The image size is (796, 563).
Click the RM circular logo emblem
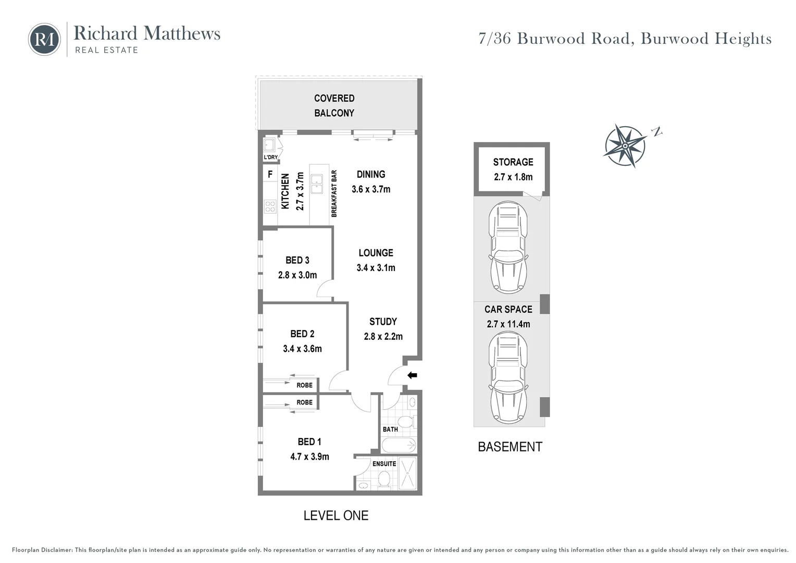(x=44, y=39)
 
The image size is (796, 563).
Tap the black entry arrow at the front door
(x=412, y=375)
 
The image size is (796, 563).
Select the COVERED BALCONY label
(x=334, y=105)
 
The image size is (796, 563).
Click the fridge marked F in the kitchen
(x=270, y=174)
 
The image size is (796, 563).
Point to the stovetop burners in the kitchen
(x=270, y=206)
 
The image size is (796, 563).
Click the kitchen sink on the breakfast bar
(x=316, y=183)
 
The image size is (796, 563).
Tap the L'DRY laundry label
(x=270, y=157)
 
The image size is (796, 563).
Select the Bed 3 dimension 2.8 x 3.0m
(x=297, y=275)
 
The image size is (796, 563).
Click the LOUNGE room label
(x=376, y=253)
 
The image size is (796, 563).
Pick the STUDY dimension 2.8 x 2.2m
(x=383, y=336)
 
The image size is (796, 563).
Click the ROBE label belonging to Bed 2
(x=304, y=385)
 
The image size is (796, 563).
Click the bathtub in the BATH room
(x=399, y=445)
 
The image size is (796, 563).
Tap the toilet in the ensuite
(x=384, y=480)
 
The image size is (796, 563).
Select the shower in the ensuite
(x=407, y=473)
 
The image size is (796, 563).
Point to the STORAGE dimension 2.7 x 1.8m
(x=513, y=177)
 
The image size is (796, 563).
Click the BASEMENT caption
(x=510, y=447)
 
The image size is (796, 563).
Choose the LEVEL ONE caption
(x=336, y=516)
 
